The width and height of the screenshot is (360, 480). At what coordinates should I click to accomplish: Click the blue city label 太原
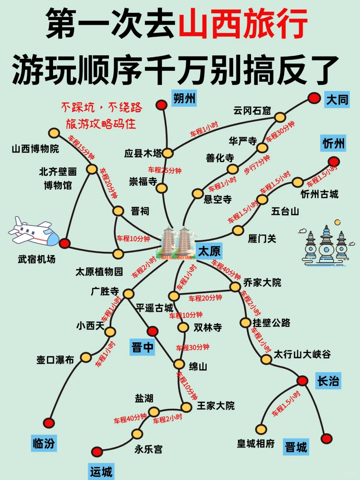click(209, 251)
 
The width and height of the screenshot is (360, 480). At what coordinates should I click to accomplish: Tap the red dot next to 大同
click(314, 98)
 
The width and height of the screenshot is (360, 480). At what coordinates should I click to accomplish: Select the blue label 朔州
click(184, 98)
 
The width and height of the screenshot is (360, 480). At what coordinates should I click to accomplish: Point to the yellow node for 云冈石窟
click(280, 117)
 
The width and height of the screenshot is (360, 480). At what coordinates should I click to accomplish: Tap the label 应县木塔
click(143, 153)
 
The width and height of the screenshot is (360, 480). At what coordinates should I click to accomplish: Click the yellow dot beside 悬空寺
click(198, 193)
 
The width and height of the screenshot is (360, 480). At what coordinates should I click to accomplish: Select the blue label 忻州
click(333, 144)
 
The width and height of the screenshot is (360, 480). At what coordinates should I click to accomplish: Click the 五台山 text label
click(285, 211)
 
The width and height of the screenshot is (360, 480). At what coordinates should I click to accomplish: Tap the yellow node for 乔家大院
click(235, 287)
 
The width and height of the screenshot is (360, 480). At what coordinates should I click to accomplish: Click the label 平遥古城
click(154, 308)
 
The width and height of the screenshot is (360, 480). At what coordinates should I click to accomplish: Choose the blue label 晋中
click(142, 347)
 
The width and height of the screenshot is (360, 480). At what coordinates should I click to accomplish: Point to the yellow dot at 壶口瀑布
click(86, 357)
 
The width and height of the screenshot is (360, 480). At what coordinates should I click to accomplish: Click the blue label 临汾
click(44, 443)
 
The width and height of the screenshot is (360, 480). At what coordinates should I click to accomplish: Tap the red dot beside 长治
click(302, 380)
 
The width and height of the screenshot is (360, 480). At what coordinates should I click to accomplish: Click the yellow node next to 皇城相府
click(261, 429)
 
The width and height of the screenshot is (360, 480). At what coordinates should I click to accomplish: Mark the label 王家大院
click(216, 406)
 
